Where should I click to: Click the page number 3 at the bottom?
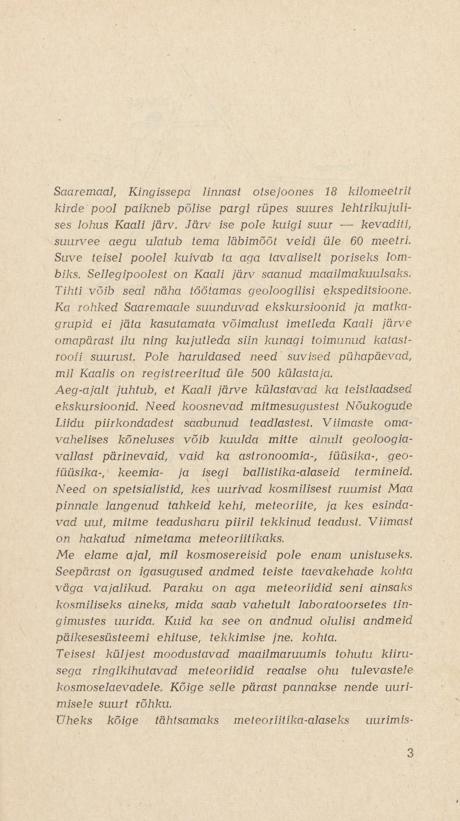[x=410, y=753]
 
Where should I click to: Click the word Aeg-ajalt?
[x=81, y=390]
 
